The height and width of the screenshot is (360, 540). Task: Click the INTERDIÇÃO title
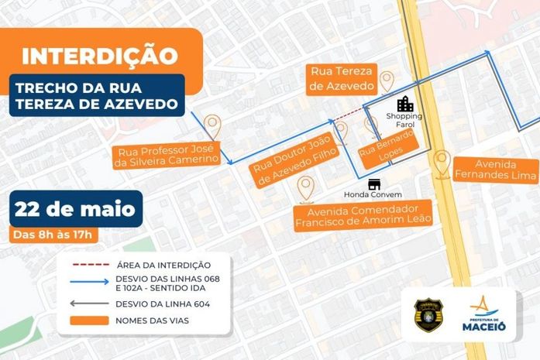[100, 56]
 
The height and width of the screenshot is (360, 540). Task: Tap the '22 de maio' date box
[75, 208]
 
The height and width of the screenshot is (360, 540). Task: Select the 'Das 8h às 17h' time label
[52, 235]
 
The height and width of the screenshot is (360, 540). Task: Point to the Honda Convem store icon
[375, 184]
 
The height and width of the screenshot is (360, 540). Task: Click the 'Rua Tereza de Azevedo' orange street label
[342, 78]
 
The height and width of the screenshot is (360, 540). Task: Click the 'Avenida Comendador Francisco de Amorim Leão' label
[363, 216]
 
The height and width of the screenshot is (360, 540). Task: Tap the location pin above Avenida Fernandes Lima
[442, 163]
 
